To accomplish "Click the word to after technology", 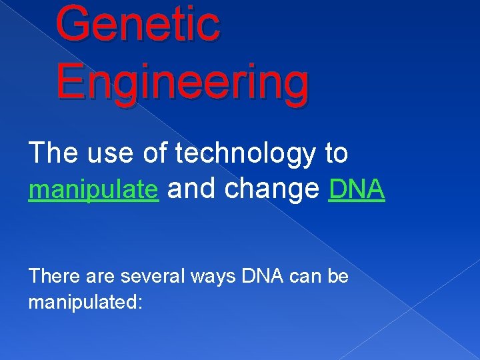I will coord(337,154).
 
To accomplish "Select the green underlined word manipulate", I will coord(93,191).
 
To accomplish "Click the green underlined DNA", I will coord(357,190).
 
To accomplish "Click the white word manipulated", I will coord(81,303).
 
